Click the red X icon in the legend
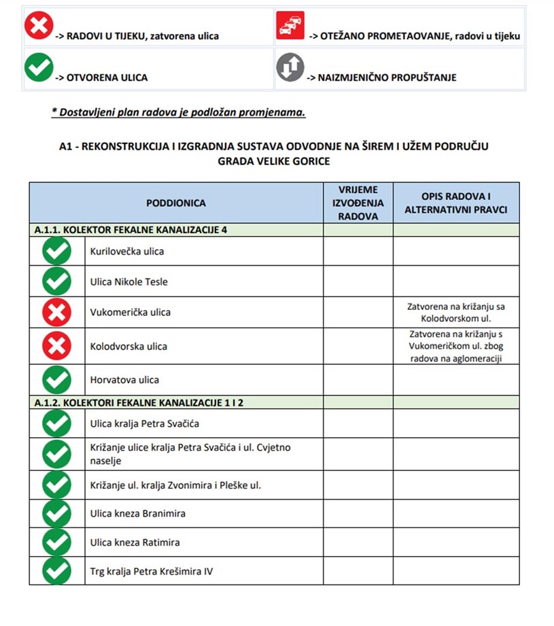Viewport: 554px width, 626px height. pos(38,26)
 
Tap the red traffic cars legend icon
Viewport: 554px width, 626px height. pos(290,26)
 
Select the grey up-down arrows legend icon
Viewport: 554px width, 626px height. pos(290,67)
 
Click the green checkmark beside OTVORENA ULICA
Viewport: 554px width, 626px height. pos(38,67)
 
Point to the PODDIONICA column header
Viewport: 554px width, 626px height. pos(175,203)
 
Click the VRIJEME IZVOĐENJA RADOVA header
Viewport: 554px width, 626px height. pos(358,203)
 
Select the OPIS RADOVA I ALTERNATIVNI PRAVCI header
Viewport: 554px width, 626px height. pos(455,203)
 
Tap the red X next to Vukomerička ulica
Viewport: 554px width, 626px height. pos(57,313)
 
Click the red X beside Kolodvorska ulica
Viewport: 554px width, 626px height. pos(57,346)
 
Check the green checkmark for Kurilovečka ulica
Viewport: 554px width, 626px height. pos(57,251)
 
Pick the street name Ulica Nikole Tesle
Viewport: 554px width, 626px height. pos(128,281)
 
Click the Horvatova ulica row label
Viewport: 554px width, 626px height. pos(124,380)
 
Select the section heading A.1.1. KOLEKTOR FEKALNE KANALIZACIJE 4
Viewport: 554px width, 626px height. pos(131,230)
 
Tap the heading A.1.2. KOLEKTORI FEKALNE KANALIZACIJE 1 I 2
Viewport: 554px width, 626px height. pos(139,402)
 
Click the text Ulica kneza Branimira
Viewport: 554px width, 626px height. pos(137,513)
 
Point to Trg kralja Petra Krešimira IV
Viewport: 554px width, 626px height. pos(151,571)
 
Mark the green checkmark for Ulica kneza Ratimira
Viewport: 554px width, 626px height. pos(57,542)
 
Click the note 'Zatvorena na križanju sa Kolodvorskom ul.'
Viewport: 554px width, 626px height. pos(455,312)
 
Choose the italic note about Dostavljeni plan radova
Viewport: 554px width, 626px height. pos(179,112)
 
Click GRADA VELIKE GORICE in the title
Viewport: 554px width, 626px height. pos(274,161)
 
